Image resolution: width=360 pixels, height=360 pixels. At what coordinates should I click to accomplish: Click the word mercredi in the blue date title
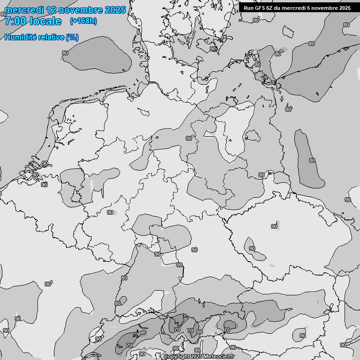tap(23, 10)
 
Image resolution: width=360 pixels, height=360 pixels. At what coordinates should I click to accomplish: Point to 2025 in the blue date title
tap(115, 10)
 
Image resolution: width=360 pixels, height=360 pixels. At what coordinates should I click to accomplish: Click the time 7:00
tap(15, 21)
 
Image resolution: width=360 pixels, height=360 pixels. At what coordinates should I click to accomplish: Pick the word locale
tap(45, 21)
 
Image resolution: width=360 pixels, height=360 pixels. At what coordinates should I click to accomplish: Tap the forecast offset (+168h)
tap(83, 21)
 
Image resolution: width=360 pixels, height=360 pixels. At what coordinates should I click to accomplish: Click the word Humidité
tap(20, 37)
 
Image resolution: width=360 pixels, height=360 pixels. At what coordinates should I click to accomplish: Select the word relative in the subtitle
tap(51, 37)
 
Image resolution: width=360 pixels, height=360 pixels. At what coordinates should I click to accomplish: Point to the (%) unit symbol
tap(72, 37)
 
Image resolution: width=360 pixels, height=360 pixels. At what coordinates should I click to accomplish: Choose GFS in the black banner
tap(260, 8)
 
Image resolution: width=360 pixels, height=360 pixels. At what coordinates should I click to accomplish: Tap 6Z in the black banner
tap(270, 8)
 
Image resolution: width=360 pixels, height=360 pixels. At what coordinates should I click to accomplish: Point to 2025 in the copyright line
tap(197, 357)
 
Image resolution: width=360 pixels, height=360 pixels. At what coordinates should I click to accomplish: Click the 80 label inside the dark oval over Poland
tap(312, 160)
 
